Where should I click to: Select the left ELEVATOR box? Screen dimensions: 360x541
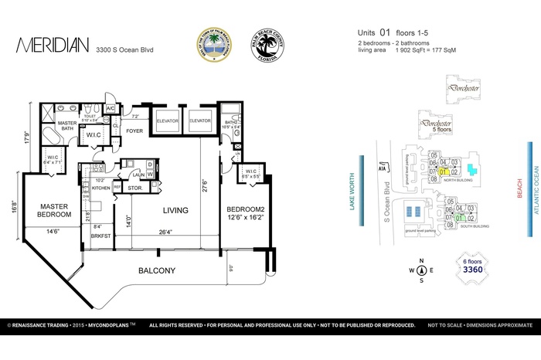pos(168,121)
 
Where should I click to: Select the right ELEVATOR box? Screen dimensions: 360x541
pos(200,121)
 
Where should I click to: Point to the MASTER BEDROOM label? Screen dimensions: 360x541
pos(49,210)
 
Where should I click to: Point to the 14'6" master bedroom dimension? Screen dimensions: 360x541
pos(51,232)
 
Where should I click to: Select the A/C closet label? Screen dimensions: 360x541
pos(111,108)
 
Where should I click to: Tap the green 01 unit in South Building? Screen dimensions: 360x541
pos(459,219)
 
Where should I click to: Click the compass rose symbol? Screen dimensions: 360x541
pos(421,270)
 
